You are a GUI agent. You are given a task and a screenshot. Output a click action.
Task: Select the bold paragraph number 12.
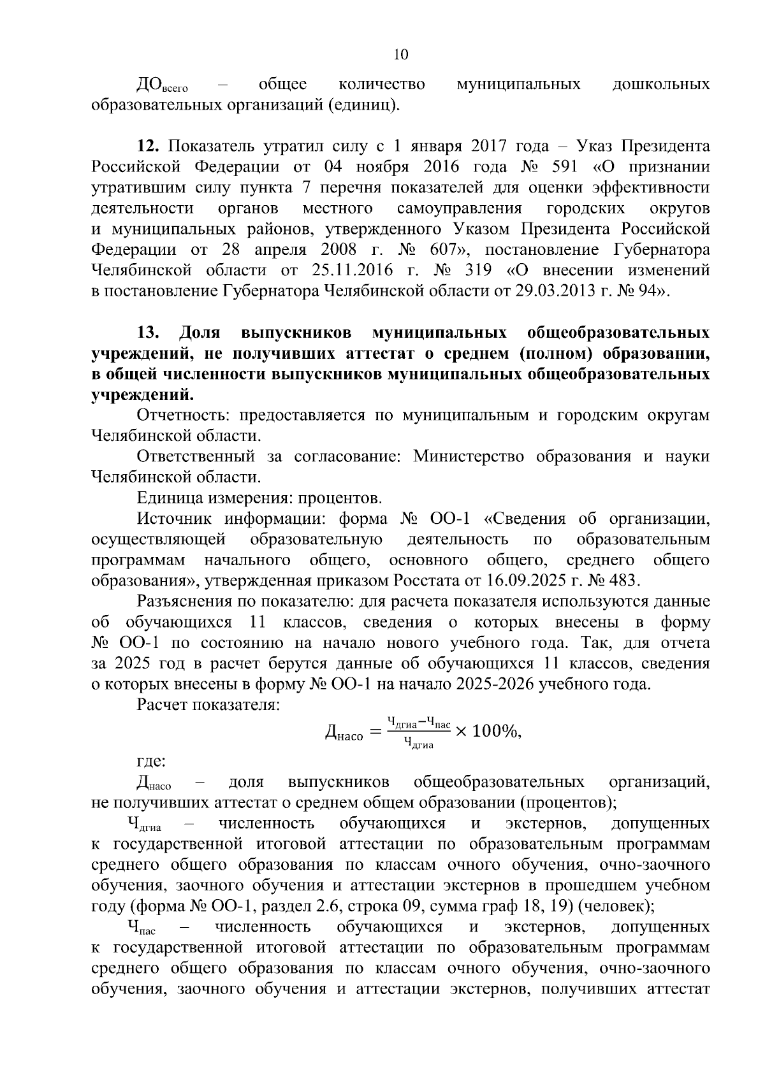(147, 147)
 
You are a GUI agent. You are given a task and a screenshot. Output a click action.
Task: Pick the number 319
(476, 270)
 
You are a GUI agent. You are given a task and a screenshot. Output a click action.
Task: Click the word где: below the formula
(152, 761)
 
